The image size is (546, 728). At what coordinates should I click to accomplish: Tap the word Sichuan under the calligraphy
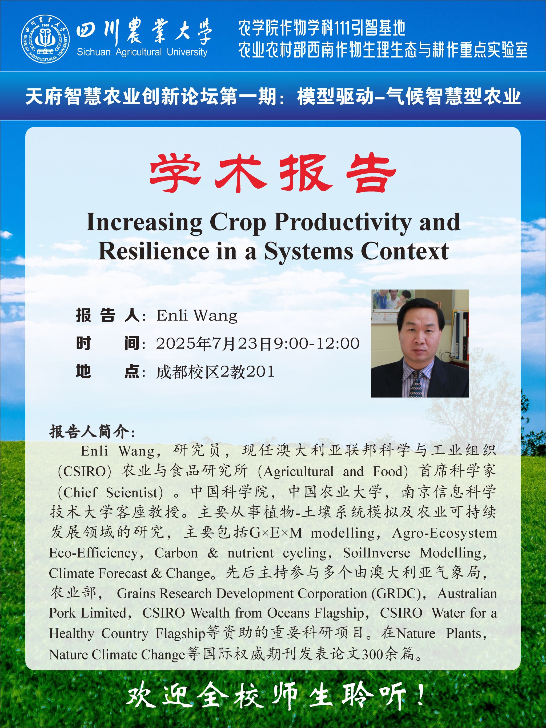94,52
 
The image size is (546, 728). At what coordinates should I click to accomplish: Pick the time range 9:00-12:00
317,343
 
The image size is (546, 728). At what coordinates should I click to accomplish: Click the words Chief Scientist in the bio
111,492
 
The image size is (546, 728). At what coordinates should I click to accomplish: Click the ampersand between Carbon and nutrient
212,553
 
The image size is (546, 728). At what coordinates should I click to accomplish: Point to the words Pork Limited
87,613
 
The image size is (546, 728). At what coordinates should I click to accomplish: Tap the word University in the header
187,52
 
